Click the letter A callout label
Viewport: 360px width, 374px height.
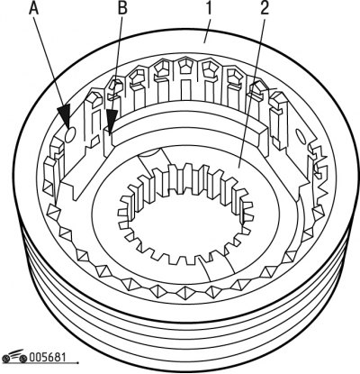click(x=34, y=9)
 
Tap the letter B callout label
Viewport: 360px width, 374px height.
click(x=122, y=9)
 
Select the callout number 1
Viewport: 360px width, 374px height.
click(x=209, y=9)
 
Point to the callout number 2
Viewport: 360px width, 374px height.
click(x=264, y=9)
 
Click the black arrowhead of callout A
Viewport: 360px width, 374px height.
click(x=66, y=115)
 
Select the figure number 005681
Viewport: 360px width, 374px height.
click(x=47, y=358)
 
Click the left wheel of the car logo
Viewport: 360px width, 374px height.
click(x=6, y=358)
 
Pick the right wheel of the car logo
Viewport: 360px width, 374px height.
click(x=22, y=359)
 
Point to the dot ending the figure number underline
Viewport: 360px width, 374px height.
click(x=77, y=363)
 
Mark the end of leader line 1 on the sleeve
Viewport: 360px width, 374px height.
click(x=205, y=42)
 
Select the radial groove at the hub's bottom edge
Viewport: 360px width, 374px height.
click(x=217, y=268)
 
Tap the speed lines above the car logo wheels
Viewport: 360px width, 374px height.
click(x=15, y=351)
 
